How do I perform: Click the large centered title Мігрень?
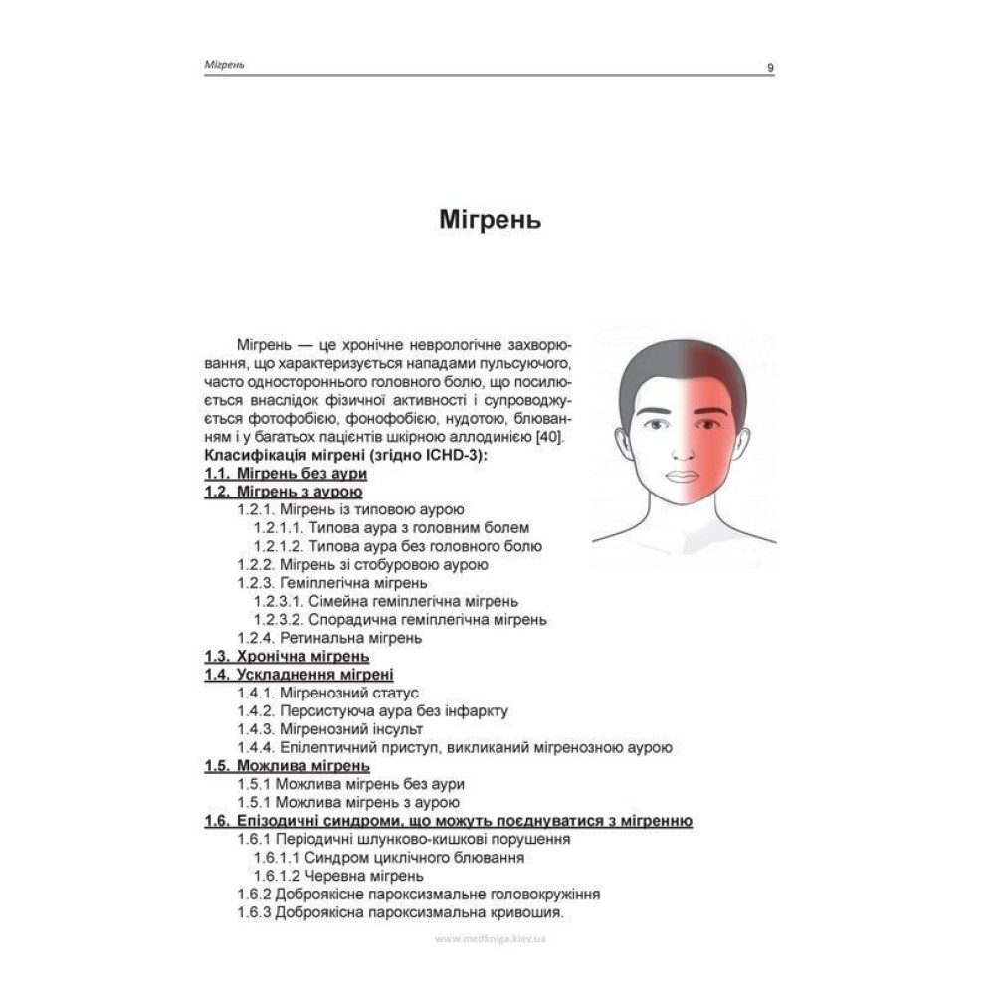pyautogui.click(x=490, y=220)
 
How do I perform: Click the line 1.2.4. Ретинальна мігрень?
pyautogui.click(x=328, y=637)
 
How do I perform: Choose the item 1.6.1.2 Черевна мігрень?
pyautogui.click(x=338, y=876)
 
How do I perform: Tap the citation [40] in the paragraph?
pyautogui.click(x=548, y=438)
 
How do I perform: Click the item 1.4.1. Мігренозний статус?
pyautogui.click(x=327, y=693)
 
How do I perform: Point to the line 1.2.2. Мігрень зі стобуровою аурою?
pyautogui.click(x=362, y=565)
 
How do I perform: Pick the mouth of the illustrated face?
pyautogui.click(x=682, y=475)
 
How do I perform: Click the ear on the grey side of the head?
pyautogui.click(x=622, y=443)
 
